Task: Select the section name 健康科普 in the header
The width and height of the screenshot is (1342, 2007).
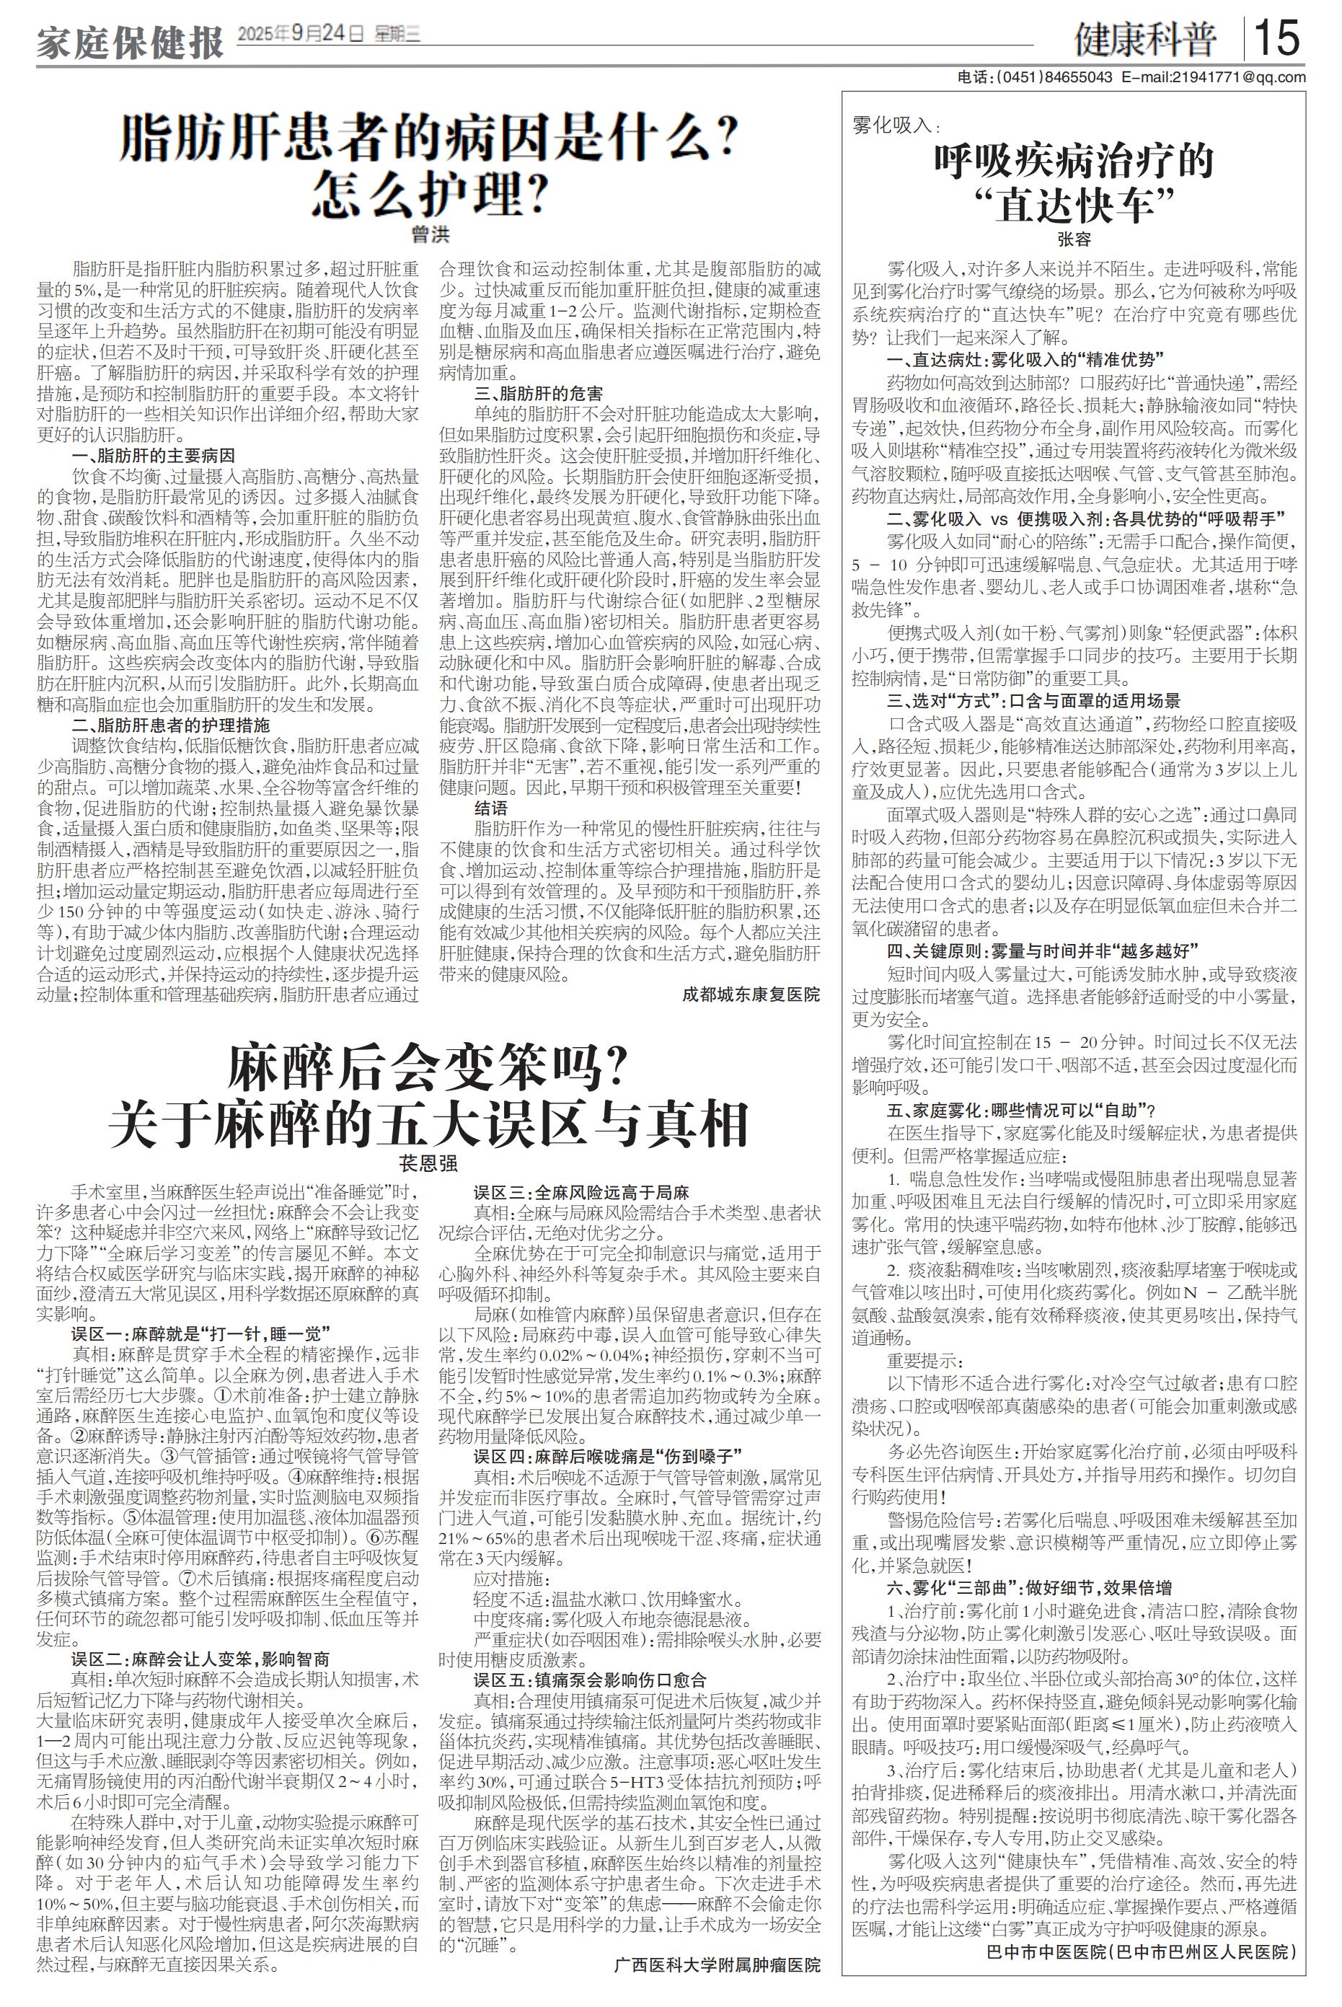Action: coord(1147,40)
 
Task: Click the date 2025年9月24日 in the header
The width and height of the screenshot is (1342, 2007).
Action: coord(301,34)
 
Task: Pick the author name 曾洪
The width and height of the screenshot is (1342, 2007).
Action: coord(429,233)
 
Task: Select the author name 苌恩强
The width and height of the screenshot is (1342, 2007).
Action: coord(428,1163)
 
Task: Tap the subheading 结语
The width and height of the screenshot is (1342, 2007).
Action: coord(490,807)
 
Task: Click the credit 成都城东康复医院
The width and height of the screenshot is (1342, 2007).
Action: coord(751,994)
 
